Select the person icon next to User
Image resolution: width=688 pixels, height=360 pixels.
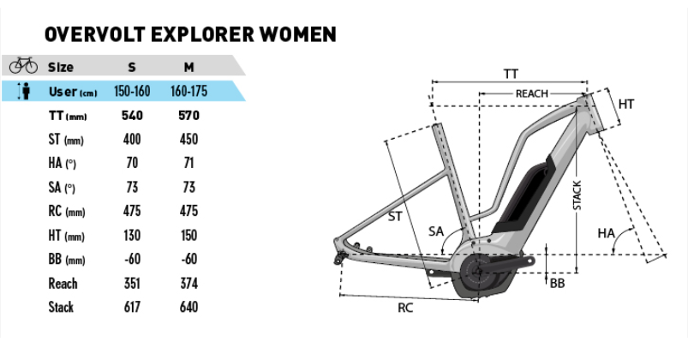[x=23, y=90]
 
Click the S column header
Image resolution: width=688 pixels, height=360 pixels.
[x=131, y=67]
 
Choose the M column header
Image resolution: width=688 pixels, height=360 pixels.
[x=188, y=67]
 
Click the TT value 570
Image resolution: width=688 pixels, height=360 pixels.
[x=188, y=116]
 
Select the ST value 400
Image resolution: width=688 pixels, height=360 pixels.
[x=132, y=140]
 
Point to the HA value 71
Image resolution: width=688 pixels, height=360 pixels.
[x=188, y=164]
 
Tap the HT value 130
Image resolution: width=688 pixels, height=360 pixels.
[x=132, y=235]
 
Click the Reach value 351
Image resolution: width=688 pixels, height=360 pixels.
[x=132, y=283]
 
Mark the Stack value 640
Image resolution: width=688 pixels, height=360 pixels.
[x=188, y=307]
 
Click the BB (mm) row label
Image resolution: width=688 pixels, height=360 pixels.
[x=67, y=259]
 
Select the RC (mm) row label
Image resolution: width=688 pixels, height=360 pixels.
[x=67, y=211]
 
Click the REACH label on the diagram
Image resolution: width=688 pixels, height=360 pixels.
[x=531, y=93]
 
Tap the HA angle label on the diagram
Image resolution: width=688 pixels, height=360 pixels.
[x=607, y=232]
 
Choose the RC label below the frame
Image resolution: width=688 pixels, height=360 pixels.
[x=405, y=308]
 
